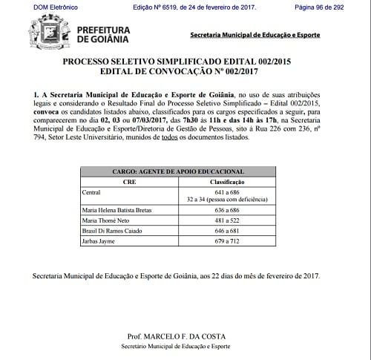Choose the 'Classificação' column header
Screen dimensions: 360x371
(230, 181)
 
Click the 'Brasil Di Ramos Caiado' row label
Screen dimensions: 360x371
(111, 232)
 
